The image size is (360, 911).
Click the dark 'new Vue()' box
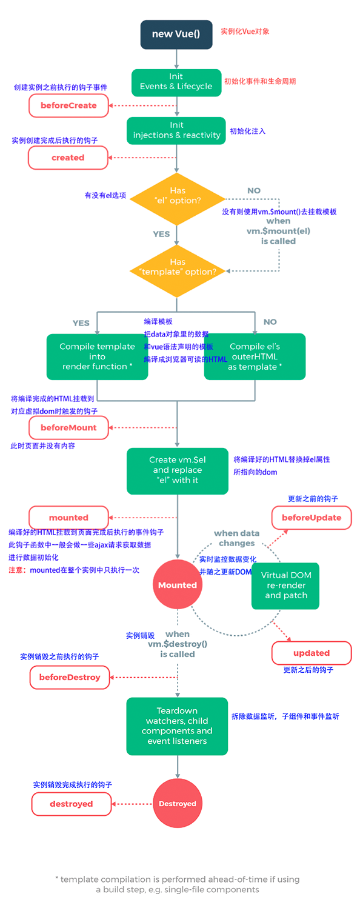tap(176, 35)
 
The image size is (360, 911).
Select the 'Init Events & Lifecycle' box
tap(176, 82)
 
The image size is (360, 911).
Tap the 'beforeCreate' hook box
tap(68, 105)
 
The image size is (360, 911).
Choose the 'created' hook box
tap(68, 158)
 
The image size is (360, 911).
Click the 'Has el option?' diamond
tap(177, 199)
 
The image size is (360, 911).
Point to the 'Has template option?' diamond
tap(178, 271)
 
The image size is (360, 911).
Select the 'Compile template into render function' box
tap(97, 356)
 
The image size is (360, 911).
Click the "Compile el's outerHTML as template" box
tap(255, 356)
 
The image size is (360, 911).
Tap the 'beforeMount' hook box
tap(68, 428)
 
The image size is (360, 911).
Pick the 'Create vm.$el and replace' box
tap(178, 471)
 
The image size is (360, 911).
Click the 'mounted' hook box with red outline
tap(68, 518)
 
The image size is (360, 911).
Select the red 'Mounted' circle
tap(178, 584)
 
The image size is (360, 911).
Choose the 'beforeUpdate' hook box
tap(312, 518)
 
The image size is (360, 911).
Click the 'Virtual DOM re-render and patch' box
tap(285, 586)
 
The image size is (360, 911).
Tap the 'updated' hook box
tap(312, 653)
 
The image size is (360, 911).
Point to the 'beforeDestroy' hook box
tap(70, 678)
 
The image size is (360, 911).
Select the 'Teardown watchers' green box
tap(177, 726)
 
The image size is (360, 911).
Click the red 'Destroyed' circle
tap(178, 803)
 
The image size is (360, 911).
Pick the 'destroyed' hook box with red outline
tap(72, 804)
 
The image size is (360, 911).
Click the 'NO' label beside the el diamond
tap(254, 191)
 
